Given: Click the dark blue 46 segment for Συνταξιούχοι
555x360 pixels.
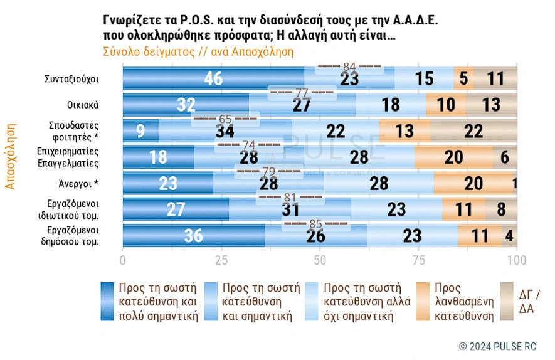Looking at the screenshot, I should [213, 78].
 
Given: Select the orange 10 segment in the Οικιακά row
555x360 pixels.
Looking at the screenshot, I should [446, 105].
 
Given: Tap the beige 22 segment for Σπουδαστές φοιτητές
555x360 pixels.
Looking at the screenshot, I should [473, 130].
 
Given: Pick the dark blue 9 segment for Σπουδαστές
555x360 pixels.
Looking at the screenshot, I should [140, 131].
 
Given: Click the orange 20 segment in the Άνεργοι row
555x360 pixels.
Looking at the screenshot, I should [473, 183].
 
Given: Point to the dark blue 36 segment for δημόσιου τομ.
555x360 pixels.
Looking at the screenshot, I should [193, 236].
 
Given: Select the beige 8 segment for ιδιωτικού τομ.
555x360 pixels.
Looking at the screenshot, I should [500, 209].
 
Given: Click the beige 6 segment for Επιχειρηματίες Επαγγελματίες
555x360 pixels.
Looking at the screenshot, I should [505, 157].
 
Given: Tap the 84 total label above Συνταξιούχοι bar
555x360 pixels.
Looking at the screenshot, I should [349, 66].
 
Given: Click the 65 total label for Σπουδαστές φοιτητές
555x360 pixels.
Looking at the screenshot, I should [225, 119].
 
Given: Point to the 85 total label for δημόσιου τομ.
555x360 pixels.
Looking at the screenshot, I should [315, 223].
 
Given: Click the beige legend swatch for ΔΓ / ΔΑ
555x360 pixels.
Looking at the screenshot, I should [507, 301].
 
